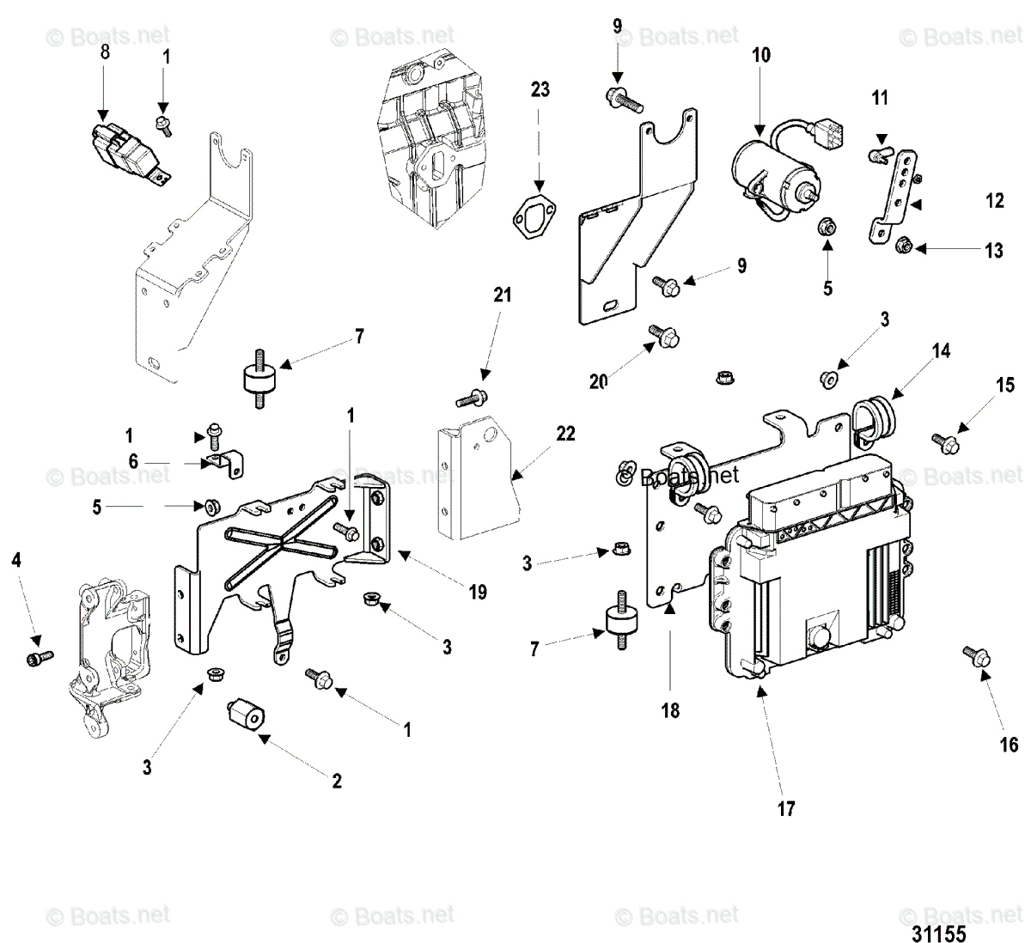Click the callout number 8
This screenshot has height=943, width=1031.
pyautogui.click(x=105, y=52)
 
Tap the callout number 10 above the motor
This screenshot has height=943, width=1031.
pyautogui.click(x=761, y=56)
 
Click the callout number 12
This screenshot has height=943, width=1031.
pyautogui.click(x=995, y=202)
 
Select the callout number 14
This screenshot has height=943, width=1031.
pyautogui.click(x=942, y=350)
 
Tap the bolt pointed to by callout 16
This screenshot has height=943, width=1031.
pyautogui.click(x=977, y=657)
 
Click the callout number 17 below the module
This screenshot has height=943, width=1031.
pyautogui.click(x=786, y=808)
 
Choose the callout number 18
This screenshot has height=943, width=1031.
pyautogui.click(x=670, y=710)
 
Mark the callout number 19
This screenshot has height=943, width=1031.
pyautogui.click(x=478, y=592)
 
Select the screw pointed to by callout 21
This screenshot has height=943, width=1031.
pyautogui.click(x=472, y=398)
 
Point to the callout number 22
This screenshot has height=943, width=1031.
pyautogui.click(x=564, y=434)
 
